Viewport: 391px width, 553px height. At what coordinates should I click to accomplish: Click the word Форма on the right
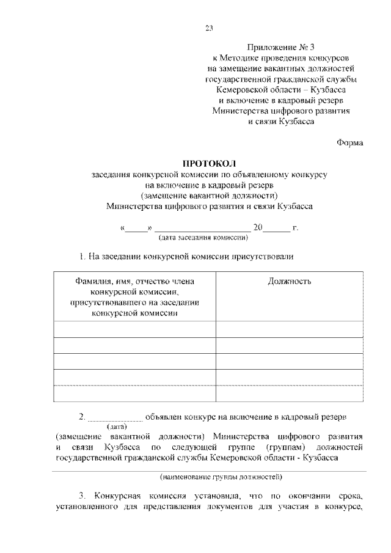pos(349,142)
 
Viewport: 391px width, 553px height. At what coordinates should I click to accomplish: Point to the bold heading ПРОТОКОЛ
pos(209,163)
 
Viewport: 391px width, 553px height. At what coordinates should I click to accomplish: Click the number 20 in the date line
pos(258,228)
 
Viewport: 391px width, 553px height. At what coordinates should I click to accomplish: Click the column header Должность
pos(289,281)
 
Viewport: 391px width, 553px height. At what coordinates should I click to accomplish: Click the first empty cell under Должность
pos(289,329)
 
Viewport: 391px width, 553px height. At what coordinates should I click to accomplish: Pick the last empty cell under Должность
pos(289,393)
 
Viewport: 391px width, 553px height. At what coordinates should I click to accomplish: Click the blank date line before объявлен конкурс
pos(115,417)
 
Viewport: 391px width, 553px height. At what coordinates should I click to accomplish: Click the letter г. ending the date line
pos(295,228)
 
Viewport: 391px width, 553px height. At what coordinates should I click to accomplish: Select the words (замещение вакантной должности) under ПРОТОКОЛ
pos(209,196)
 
